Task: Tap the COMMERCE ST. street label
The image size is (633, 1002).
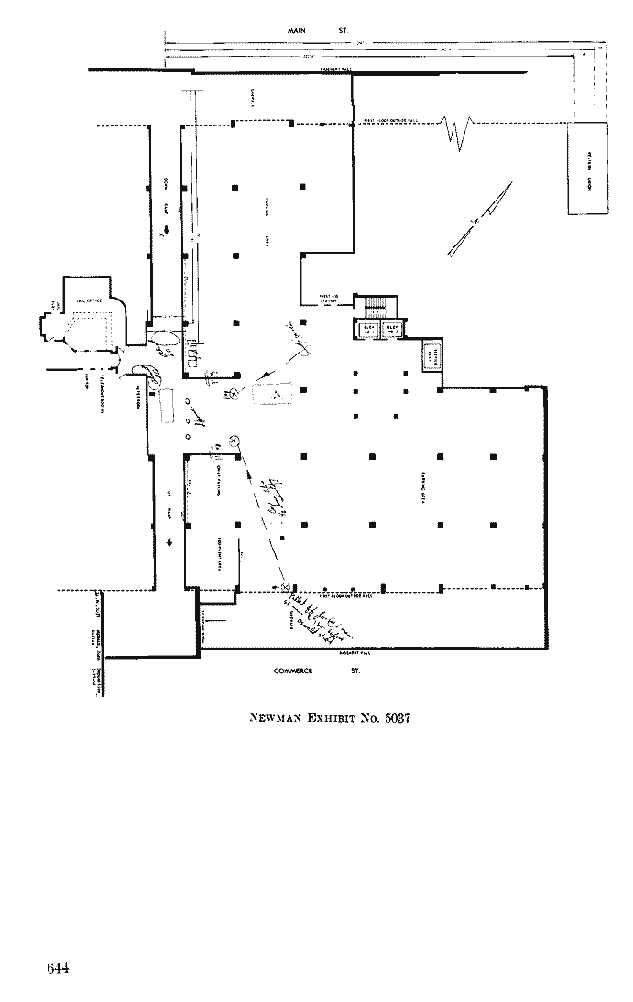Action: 317,671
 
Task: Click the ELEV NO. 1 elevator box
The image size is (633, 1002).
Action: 394,328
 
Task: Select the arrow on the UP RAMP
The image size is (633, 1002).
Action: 169,543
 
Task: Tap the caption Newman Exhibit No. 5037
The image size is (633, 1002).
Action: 329,717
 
